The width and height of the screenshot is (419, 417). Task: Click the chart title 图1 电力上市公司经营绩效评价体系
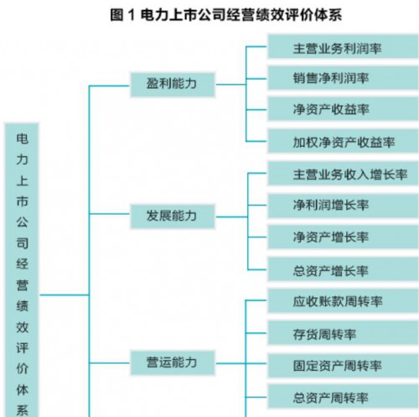[x=225, y=15]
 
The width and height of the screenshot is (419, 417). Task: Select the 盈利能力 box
[x=173, y=85]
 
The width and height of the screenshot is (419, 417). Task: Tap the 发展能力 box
[x=173, y=216]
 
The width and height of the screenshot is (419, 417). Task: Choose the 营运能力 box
[x=173, y=362]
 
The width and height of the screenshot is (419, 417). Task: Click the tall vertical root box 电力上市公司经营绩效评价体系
[x=22, y=270]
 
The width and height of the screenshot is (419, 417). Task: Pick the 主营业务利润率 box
[x=343, y=46]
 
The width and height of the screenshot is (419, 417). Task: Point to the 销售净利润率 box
[x=343, y=78]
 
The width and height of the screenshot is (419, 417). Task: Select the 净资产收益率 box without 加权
[x=343, y=109]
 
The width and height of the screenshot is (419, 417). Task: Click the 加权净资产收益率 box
[x=343, y=141]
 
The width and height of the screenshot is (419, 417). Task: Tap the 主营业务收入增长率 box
[x=343, y=174]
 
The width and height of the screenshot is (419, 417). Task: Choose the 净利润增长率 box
[x=343, y=206]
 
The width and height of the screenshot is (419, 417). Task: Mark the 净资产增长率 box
[x=343, y=237]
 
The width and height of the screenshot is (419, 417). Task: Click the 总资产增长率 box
[x=343, y=269]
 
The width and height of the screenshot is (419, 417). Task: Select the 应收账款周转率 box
[x=343, y=301]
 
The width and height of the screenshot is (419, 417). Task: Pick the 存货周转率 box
[x=343, y=333]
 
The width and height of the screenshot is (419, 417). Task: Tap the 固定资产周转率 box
[x=343, y=366]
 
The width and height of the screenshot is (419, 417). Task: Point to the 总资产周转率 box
[x=343, y=397]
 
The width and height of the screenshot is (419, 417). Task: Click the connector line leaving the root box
[x=65, y=295]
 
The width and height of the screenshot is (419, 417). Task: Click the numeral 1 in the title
[x=132, y=15]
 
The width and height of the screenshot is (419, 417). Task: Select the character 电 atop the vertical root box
[x=22, y=139]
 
